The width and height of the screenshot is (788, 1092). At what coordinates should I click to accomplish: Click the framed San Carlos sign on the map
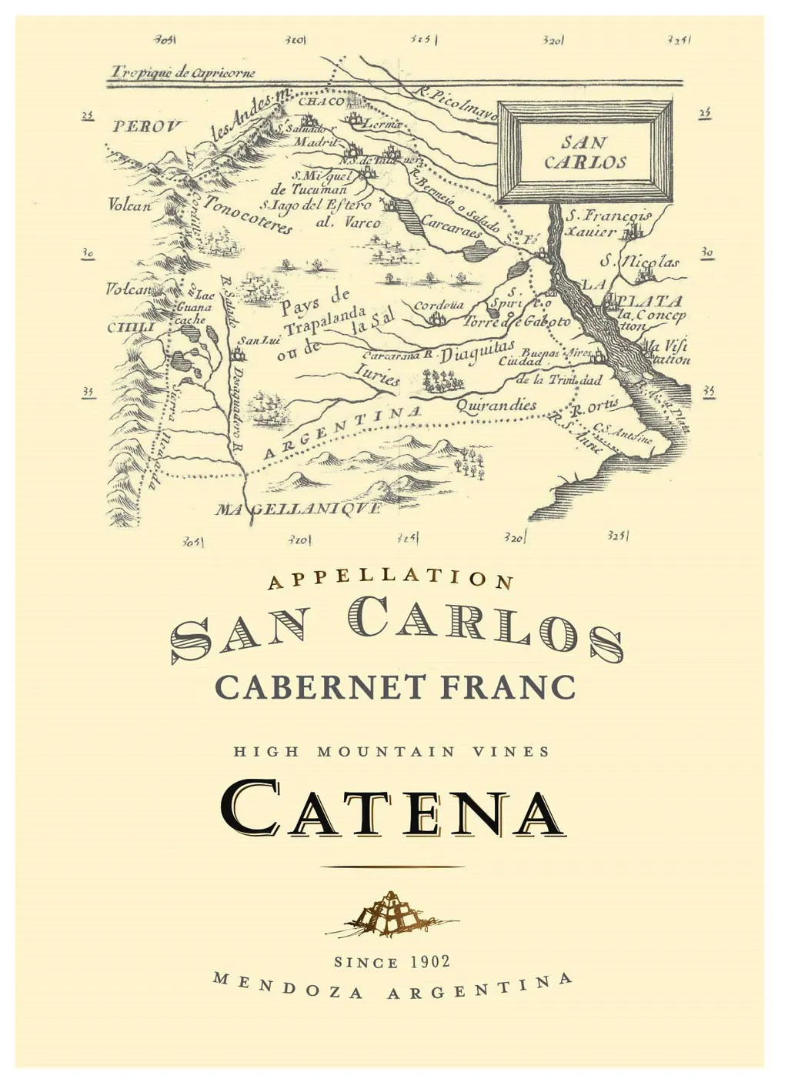(585, 152)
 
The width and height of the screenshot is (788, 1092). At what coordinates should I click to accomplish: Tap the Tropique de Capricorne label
(182, 73)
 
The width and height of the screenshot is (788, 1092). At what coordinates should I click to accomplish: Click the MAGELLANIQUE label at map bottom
(298, 509)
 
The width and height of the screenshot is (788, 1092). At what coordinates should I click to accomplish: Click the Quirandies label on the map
(496, 405)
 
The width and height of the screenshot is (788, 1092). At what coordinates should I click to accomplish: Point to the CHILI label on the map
(131, 327)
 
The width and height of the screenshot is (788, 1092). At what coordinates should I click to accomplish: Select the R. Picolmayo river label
(457, 104)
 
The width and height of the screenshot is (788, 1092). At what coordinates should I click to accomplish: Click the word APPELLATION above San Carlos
(390, 578)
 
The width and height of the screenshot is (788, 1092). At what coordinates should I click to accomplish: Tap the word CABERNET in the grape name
(320, 686)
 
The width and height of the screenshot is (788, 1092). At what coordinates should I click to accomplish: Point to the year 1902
(430, 962)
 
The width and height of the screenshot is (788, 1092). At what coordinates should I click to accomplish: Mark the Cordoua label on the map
(438, 306)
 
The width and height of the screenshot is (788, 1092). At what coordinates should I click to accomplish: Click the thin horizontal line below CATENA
(392, 867)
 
